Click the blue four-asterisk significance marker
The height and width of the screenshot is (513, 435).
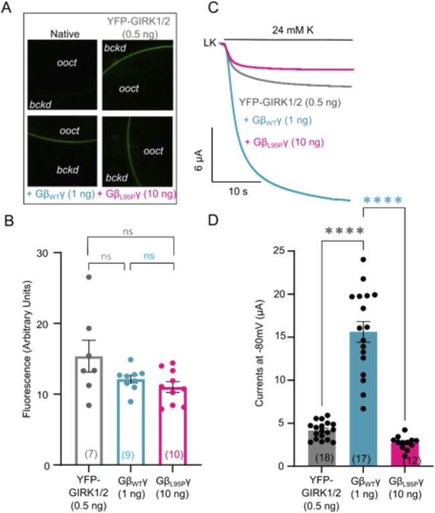383,200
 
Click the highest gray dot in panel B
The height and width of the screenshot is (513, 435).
88,277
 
